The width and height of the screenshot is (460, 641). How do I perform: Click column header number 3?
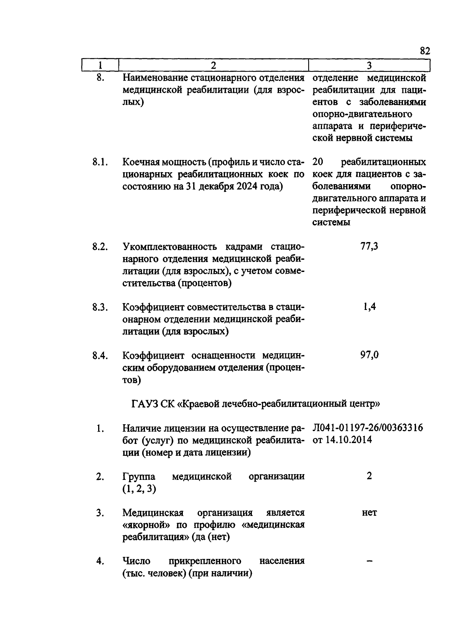click(x=369, y=66)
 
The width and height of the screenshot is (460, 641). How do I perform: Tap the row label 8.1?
click(x=100, y=162)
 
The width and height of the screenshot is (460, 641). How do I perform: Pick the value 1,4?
click(x=369, y=307)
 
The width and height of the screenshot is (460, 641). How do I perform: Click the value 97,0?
click(x=369, y=355)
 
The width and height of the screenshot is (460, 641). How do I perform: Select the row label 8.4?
click(x=100, y=356)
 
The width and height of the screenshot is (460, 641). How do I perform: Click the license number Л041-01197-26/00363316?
click(x=368, y=428)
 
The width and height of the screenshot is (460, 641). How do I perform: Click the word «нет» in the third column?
click(x=369, y=513)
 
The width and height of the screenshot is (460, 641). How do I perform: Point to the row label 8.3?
click(x=100, y=307)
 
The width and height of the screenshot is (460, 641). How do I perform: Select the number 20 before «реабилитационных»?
click(x=319, y=162)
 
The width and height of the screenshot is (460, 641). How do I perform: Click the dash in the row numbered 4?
click(x=369, y=561)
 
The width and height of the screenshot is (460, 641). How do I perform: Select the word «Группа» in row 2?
click(x=139, y=477)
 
